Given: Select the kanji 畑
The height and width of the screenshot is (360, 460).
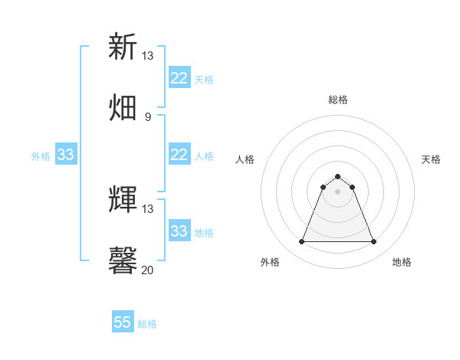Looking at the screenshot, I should pyautogui.click(x=123, y=107).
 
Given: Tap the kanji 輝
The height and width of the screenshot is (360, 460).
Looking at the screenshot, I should pyautogui.click(x=123, y=199).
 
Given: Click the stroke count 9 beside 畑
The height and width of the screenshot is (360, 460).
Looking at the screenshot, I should pyautogui.click(x=147, y=117).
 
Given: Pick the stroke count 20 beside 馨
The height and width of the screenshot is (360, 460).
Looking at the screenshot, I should pyautogui.click(x=147, y=270).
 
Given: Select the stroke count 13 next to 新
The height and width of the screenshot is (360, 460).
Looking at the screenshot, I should pyautogui.click(x=147, y=56).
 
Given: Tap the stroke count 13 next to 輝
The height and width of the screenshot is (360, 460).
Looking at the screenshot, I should pyautogui.click(x=147, y=209).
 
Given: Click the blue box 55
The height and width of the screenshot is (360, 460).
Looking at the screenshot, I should pyautogui.click(x=123, y=322).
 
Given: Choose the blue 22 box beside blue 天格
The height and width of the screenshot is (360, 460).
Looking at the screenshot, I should pyautogui.click(x=179, y=78).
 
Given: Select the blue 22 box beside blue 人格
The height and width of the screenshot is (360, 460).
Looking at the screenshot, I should pyautogui.click(x=179, y=155).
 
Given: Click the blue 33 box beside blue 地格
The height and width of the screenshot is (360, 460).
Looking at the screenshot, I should pyautogui.click(x=179, y=231).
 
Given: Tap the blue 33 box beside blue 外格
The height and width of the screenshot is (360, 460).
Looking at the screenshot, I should pyautogui.click(x=65, y=155).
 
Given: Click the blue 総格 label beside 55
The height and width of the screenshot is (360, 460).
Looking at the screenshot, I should pyautogui.click(x=148, y=324).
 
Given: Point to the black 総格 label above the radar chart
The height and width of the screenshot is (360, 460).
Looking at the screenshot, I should pyautogui.click(x=337, y=100).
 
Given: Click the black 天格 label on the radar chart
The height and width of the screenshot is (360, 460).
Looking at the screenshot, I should pyautogui.click(x=431, y=159).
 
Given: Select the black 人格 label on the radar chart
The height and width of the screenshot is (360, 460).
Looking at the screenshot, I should pyautogui.click(x=245, y=159).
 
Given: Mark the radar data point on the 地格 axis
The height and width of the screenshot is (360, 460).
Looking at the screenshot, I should pyautogui.click(x=373, y=242).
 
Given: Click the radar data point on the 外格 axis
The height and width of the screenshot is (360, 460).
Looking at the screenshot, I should pyautogui.click(x=301, y=242).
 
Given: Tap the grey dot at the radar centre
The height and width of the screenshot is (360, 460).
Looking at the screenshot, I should pyautogui.click(x=337, y=191).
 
